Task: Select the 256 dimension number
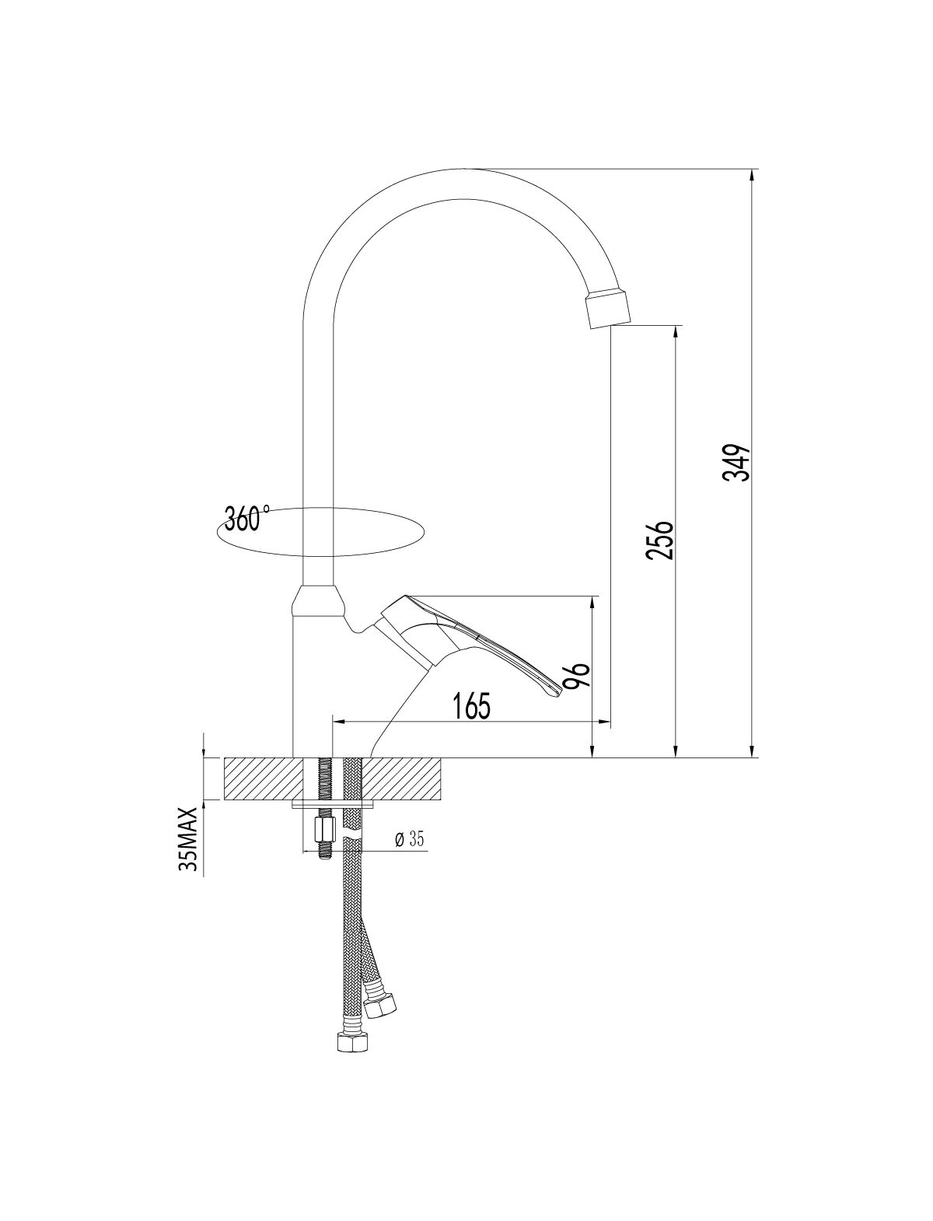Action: [659, 541]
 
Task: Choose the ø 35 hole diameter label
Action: [409, 839]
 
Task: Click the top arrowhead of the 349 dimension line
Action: [753, 175]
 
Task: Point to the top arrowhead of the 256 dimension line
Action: [676, 333]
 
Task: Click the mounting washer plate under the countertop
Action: [333, 804]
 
